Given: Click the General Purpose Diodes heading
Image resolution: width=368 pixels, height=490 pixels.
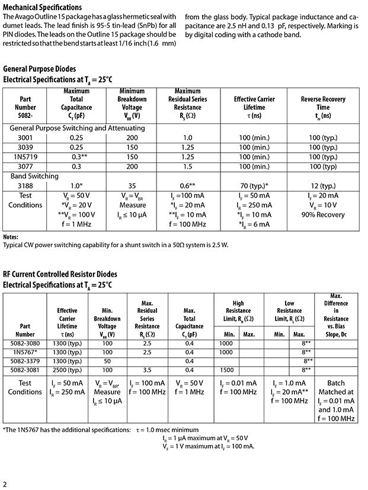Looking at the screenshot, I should click(40, 69).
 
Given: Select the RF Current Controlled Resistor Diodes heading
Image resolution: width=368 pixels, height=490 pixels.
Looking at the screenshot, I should click(60, 274).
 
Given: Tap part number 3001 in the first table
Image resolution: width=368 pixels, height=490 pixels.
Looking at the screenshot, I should click(25, 137).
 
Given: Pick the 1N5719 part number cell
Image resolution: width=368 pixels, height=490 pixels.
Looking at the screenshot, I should click(25, 157).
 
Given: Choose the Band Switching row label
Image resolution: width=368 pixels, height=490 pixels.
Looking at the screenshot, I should click(34, 176).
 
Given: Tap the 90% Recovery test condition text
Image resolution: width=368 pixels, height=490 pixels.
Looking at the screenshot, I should click(323, 214).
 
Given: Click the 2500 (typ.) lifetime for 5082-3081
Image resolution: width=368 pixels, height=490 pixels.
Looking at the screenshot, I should click(67, 370).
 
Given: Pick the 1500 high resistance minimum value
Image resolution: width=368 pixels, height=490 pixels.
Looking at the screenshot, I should click(226, 370).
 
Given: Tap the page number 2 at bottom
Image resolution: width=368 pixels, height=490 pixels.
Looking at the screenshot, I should click(5, 482).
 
